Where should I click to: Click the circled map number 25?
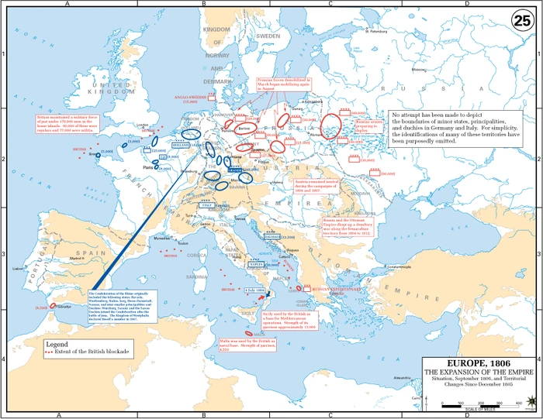pos(521,21)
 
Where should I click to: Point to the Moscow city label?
pos(418,69)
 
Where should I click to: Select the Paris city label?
pos(145,165)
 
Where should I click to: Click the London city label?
pos(141,124)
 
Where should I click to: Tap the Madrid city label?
pos(77,258)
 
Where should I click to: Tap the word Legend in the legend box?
pos(57,344)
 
